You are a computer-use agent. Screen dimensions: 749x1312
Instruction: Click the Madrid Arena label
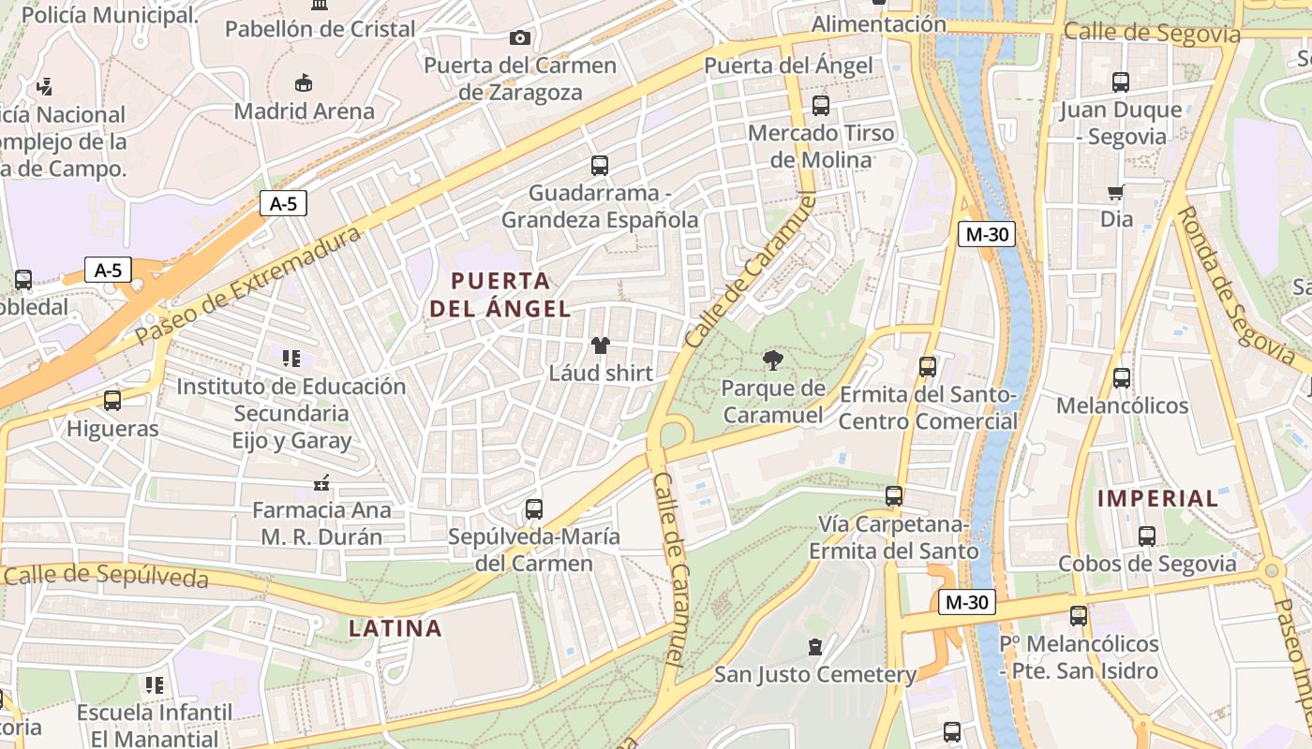pos(304,111)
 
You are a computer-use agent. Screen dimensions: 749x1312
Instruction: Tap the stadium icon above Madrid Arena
pos(304,83)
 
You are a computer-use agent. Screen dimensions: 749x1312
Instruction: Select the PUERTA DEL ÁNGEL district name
pos(500,294)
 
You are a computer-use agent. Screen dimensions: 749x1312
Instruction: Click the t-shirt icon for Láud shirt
pos(601,345)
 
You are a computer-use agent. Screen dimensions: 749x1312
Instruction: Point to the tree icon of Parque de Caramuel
pos(773,360)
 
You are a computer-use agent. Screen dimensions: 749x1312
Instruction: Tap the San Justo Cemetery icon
pos(815,647)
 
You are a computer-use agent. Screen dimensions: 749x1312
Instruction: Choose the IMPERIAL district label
pos(1158,498)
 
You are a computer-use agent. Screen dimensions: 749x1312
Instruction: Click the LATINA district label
pos(395,628)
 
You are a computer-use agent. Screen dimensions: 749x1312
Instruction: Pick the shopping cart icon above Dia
pos(1116,193)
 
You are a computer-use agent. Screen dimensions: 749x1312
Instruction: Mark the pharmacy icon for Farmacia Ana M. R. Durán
pos(321,484)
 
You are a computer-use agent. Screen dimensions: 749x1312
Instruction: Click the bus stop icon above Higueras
pos(112,401)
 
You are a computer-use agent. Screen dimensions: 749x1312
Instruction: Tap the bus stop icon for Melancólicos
pos(1122,378)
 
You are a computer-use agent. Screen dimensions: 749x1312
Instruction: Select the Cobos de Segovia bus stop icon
pos(1147,536)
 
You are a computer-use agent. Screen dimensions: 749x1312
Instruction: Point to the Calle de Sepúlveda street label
pos(105,576)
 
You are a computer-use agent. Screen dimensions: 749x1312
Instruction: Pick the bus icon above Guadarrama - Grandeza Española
pos(600,166)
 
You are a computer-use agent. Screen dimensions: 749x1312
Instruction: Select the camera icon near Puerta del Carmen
pos(519,37)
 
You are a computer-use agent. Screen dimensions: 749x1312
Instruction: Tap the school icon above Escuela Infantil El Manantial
pos(155,685)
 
